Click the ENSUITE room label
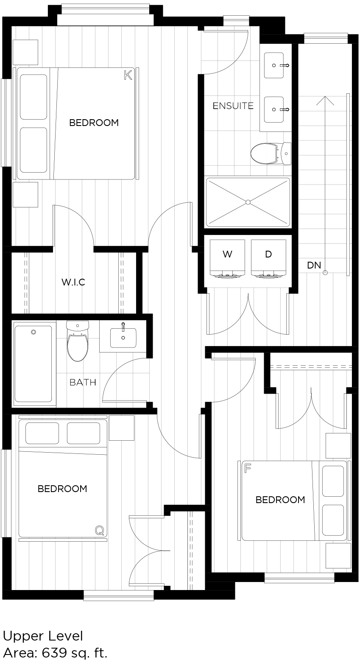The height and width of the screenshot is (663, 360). point(233,106)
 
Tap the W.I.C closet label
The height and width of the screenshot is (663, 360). point(73,282)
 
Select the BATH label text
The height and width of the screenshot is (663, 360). point(83,382)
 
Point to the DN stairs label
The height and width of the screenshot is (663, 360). point(314,266)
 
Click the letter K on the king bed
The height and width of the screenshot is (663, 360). point(128,76)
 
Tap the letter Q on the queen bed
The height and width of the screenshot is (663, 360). point(99,530)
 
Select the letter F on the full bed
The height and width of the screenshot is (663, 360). point(248,468)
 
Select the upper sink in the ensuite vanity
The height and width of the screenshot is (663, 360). point(274,66)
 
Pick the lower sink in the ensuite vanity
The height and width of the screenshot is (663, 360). point(274,109)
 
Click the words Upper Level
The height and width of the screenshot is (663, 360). point(43,636)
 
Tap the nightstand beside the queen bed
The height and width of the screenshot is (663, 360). point(121,428)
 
